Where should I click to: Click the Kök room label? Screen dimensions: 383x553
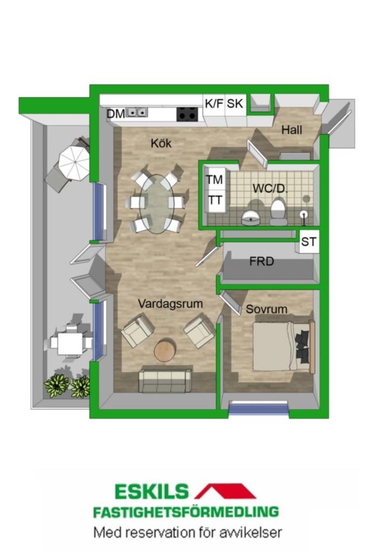click(x=161, y=143)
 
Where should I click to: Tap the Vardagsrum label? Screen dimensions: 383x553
click(x=170, y=304)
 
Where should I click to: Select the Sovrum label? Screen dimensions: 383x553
click(x=266, y=309)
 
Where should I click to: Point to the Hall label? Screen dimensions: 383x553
click(x=292, y=130)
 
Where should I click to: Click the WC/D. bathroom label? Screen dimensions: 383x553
click(x=270, y=189)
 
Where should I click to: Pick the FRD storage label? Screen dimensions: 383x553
click(x=262, y=261)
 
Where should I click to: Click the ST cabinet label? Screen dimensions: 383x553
click(x=309, y=242)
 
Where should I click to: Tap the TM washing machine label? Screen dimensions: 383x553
click(x=214, y=180)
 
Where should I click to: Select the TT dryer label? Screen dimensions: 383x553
click(x=214, y=200)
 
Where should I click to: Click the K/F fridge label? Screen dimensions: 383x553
click(x=214, y=103)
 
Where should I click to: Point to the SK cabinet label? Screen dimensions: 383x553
click(x=235, y=103)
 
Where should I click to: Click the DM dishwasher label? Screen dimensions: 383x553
click(x=116, y=114)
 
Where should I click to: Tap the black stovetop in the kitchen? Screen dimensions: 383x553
click(x=187, y=114)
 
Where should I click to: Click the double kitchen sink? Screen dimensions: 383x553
click(x=137, y=112)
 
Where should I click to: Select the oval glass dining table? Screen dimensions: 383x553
click(x=157, y=204)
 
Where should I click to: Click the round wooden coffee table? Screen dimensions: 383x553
click(x=165, y=350)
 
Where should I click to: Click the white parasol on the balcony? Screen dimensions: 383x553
click(x=74, y=163)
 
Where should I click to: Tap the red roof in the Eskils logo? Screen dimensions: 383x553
click(x=225, y=491)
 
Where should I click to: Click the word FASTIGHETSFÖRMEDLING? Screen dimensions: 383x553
click(x=185, y=512)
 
